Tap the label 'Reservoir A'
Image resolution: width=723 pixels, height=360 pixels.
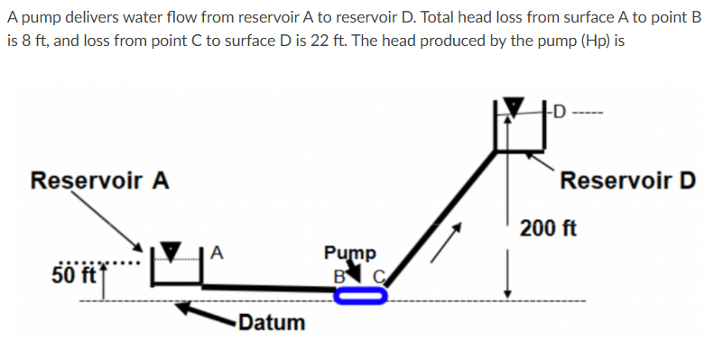click(x=99, y=180)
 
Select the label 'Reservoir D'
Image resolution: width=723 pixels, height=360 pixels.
click(x=627, y=180)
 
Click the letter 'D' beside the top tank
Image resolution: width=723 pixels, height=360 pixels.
click(x=560, y=113)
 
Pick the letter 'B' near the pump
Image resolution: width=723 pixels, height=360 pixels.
click(x=340, y=274)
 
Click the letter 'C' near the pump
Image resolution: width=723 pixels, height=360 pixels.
click(x=380, y=275)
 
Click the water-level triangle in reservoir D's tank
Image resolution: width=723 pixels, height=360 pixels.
click(x=514, y=106)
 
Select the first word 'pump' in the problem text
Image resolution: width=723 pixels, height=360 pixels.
click(x=39, y=17)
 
